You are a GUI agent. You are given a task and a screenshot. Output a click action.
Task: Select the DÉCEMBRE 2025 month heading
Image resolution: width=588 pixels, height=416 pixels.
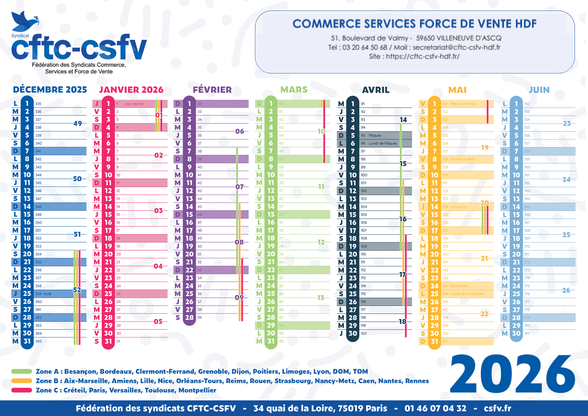50,90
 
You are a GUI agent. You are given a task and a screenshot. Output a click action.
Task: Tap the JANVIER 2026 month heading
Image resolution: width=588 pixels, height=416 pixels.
131,90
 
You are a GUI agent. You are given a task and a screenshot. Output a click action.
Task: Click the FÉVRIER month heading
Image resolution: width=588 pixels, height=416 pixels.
212,90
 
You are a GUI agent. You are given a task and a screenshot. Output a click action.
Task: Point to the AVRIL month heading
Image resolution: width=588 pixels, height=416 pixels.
376,90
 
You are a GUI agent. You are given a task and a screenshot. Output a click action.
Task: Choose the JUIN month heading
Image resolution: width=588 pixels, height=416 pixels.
539,90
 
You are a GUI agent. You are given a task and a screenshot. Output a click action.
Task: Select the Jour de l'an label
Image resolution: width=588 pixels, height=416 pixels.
134,104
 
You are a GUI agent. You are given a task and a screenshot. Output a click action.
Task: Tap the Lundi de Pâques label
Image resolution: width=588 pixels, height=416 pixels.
384,144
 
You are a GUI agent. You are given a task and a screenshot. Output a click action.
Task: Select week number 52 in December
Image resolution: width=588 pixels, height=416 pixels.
77,290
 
